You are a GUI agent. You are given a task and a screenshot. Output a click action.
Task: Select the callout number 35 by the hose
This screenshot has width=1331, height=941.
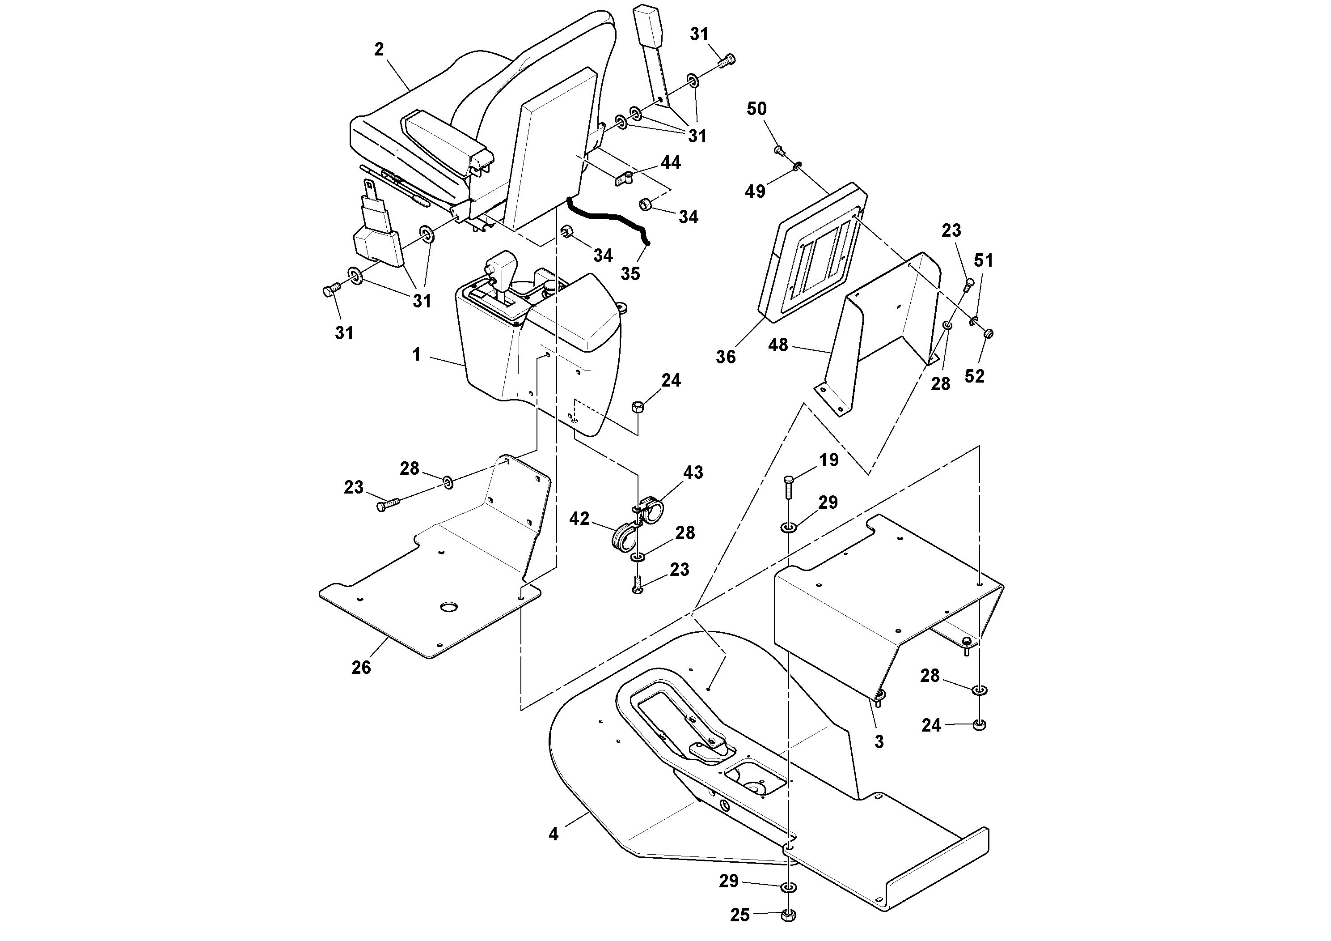coord(630,273)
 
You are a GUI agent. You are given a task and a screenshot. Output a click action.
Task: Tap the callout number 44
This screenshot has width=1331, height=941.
coord(671,162)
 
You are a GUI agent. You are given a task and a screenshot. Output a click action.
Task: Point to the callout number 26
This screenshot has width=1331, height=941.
coord(361,668)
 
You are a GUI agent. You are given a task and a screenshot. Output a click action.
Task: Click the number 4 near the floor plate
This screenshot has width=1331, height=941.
coord(554,834)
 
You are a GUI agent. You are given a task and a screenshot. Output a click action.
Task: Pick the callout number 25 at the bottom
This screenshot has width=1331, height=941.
coord(739,915)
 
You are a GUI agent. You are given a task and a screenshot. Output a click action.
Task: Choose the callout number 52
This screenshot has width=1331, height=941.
coord(975,376)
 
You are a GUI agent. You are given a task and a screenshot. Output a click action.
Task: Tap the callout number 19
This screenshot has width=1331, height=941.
coord(829,460)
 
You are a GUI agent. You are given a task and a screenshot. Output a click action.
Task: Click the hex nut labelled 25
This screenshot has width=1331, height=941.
coord(788,915)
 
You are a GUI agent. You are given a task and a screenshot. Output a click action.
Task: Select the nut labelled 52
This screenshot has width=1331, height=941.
coord(989,333)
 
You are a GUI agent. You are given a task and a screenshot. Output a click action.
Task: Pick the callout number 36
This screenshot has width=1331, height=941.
coord(725,356)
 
